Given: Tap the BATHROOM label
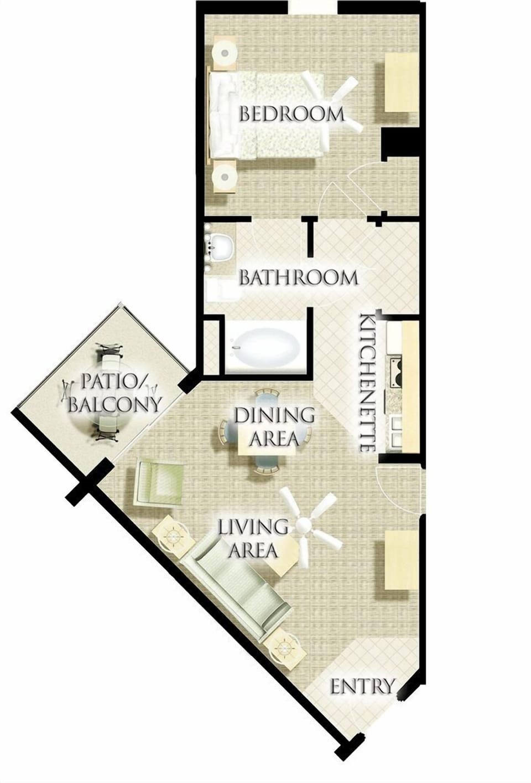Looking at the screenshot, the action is click(x=299, y=278).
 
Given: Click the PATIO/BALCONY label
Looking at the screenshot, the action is click(x=114, y=393).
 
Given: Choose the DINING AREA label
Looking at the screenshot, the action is click(x=274, y=427).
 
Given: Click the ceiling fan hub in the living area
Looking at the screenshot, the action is click(x=304, y=524).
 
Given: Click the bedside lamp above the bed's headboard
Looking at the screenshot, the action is click(x=225, y=53).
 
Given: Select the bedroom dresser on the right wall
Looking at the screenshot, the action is click(x=402, y=83).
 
